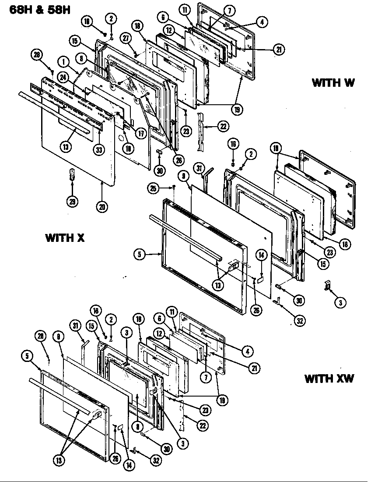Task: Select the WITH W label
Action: tap(333, 83)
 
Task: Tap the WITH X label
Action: tap(65, 238)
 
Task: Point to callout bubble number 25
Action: tap(152, 188)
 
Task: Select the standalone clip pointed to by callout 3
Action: tap(326, 285)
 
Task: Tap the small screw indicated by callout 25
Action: tap(174, 188)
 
